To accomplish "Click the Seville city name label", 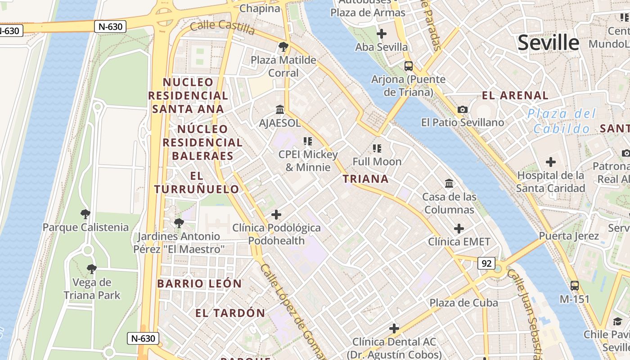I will [548, 43].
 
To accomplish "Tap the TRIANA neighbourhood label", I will [365, 179].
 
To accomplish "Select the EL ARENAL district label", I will [515, 95].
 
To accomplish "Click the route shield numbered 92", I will [486, 263].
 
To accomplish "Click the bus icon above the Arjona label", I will [409, 66].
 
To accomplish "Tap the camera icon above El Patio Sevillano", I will [462, 109].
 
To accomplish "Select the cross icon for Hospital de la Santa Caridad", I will [550, 162].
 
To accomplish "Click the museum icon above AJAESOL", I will [280, 109].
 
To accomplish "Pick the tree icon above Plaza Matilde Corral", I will [283, 46].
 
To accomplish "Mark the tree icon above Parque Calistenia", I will [85, 214].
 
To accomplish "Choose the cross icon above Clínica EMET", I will [459, 229].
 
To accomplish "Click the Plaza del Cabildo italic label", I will [562, 121].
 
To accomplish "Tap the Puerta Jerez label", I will [569, 236].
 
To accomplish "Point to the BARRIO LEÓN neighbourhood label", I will [199, 283].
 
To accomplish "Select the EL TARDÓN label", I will [230, 313].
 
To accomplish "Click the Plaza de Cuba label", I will [463, 302].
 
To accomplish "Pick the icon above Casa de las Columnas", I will [449, 183].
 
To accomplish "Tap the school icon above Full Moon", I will [377, 148].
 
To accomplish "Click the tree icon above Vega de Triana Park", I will [92, 269].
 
